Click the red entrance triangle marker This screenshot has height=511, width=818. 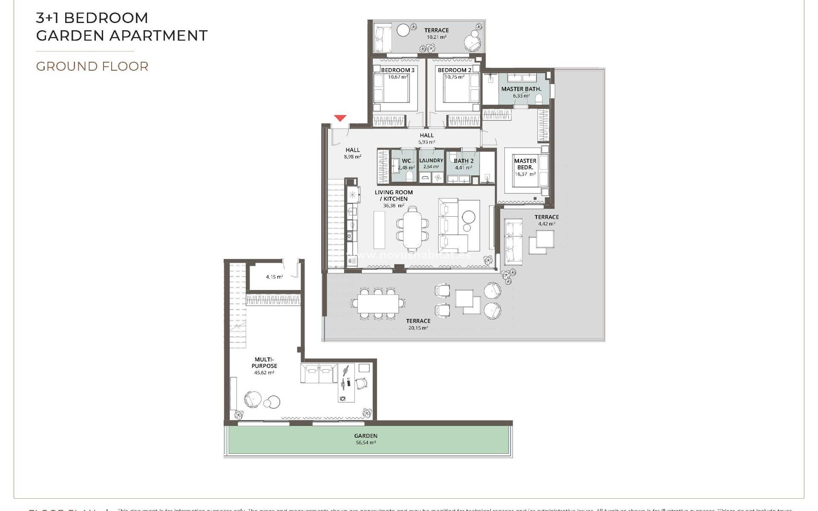[340, 118]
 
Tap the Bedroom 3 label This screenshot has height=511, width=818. [397, 70]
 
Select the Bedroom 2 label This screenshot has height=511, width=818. [454, 70]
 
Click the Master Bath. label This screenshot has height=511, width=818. [521, 89]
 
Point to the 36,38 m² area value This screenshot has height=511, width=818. [393, 205]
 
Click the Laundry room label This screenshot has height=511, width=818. [431, 161]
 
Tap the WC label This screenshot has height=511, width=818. [406, 161]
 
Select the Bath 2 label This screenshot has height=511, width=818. [464, 161]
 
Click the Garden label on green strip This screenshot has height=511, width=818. [366, 436]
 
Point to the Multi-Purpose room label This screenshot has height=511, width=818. [264, 362]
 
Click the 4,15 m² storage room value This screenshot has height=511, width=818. [274, 277]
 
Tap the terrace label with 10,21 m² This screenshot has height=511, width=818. [436, 30]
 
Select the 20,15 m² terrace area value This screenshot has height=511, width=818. [418, 327]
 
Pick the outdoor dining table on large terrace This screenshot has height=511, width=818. [378, 304]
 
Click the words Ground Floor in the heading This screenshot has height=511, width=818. [92, 66]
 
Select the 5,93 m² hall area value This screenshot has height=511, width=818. [426, 142]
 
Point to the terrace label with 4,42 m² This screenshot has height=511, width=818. [546, 217]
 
